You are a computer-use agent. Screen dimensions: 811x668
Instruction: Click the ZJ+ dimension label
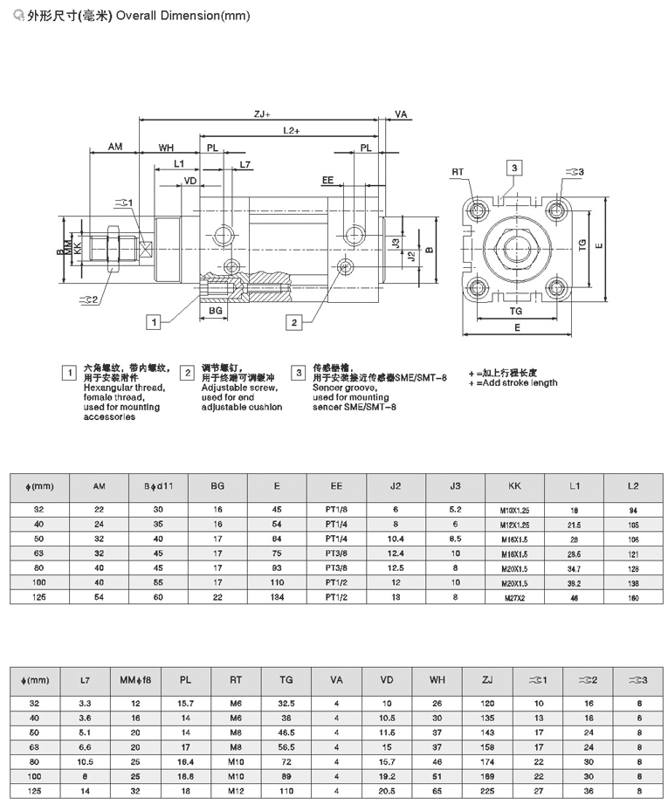(262, 113)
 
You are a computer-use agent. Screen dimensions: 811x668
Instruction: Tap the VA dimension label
(401, 114)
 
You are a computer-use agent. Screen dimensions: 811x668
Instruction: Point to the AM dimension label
(115, 148)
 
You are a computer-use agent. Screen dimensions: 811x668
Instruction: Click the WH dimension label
(166, 148)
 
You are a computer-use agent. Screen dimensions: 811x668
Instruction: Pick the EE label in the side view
(328, 181)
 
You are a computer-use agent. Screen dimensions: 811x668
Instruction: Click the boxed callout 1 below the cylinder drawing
(154, 322)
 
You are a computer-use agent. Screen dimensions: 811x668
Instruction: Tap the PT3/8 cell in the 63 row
(336, 553)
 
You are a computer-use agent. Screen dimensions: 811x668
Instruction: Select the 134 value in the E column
(278, 597)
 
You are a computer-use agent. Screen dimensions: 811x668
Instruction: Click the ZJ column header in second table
(487, 679)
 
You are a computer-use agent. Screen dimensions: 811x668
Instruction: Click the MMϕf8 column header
(135, 679)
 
